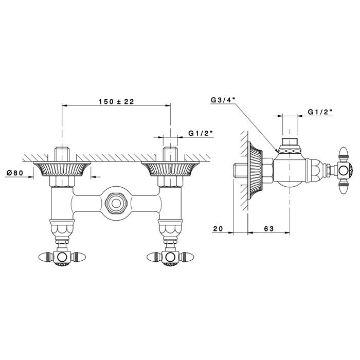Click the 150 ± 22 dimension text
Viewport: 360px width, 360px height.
116,101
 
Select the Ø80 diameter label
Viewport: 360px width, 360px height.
15,173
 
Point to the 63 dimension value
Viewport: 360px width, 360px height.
269,229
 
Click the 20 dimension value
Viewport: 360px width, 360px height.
218,229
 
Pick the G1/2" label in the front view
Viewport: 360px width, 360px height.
201,133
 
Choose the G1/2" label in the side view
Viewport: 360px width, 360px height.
320,112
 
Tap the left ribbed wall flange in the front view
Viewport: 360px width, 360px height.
62,169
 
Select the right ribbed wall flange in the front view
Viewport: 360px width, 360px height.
170,169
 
